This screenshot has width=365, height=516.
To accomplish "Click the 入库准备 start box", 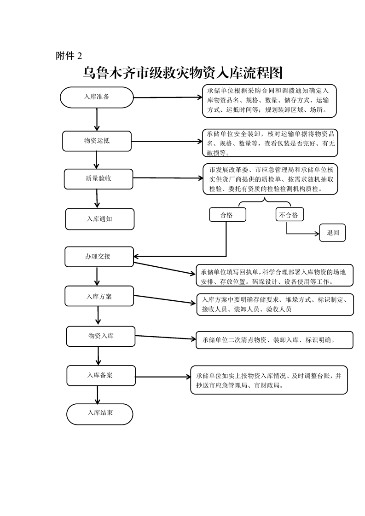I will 97,97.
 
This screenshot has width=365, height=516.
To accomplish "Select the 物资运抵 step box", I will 97,141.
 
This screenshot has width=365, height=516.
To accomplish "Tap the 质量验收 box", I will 98,178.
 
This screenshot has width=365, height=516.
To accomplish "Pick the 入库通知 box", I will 99,219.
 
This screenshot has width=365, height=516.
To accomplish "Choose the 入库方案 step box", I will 99,297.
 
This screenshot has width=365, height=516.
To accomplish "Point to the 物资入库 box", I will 101,336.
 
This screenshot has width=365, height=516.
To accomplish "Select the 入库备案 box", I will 101,375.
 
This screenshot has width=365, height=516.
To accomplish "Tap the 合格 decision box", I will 227,215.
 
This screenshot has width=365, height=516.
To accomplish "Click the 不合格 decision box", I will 289,215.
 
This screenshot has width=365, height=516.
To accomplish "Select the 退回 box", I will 333,233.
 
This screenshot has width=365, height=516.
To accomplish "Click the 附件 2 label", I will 69,56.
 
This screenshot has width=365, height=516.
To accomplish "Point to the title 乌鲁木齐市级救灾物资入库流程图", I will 182,73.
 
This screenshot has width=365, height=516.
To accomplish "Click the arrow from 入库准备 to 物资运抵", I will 97,119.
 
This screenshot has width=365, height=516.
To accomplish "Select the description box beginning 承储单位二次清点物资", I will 274,340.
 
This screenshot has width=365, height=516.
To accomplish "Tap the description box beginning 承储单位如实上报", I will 269,380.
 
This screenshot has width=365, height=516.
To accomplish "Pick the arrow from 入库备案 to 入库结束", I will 98,395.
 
